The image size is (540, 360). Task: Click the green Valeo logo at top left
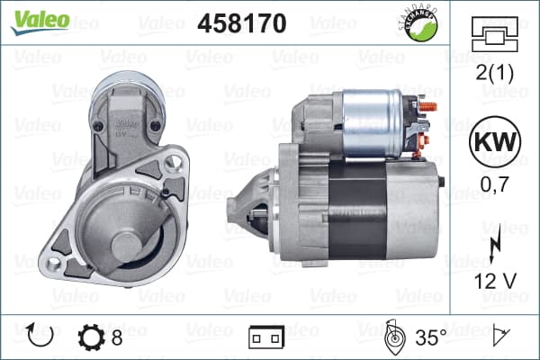[x=40, y=22]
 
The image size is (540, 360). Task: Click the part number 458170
[x=242, y=23]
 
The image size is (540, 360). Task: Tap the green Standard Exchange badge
[x=419, y=23]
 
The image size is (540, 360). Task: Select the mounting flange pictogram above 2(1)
[x=494, y=34]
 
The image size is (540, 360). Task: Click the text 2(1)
[x=494, y=73]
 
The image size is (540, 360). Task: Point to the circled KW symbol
[x=495, y=142]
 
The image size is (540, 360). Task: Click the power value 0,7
[x=494, y=184]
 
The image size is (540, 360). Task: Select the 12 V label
[x=495, y=282]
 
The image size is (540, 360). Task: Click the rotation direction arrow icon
[x=40, y=335]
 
